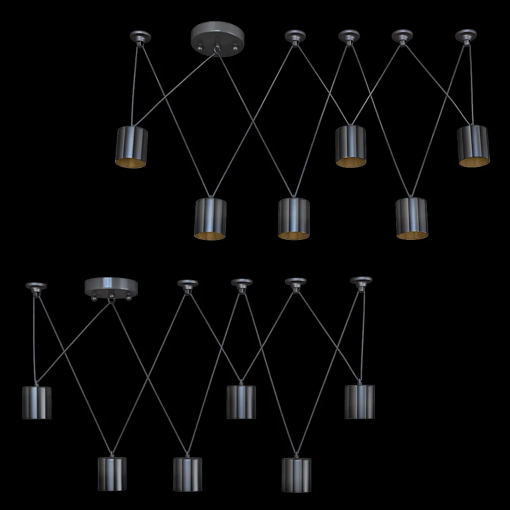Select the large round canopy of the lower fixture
tap(109, 285)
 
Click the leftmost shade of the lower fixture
tap(37, 402)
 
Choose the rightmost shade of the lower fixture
tap(360, 401)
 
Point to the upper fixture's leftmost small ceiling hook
tap(140, 37)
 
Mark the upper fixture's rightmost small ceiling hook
tap(466, 36)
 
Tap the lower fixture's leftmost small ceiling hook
tap(36, 287)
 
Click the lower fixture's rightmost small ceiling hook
tap(361, 282)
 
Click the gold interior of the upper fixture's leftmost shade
tap(133, 162)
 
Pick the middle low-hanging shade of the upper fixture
tap(294, 217)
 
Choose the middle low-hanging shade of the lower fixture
tap(188, 474)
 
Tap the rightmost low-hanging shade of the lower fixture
tap(296, 474)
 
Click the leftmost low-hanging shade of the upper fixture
tap(211, 217)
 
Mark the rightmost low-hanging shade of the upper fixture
tap(412, 217)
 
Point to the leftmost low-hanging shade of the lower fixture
tap(112, 474)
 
